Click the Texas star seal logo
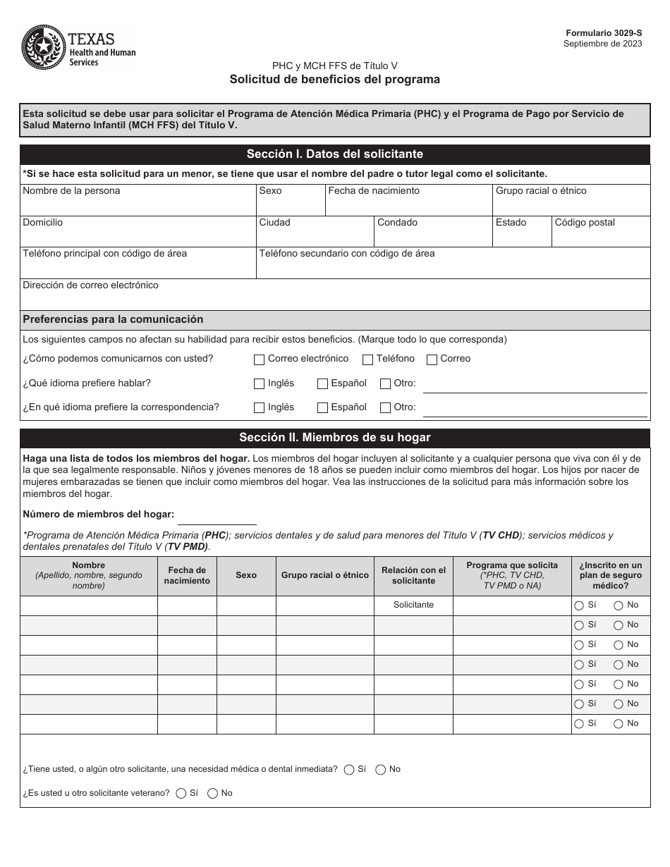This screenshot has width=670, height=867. [43, 48]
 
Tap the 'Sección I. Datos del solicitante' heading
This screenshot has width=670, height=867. [334, 154]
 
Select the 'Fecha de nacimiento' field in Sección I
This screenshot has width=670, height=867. [408, 201]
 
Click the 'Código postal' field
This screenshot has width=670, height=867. [600, 232]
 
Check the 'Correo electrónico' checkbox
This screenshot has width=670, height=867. [260, 359]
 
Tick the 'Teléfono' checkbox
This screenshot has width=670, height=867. [367, 359]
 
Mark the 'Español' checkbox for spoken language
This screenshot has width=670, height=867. [322, 384]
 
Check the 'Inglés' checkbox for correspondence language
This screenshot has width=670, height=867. [260, 408]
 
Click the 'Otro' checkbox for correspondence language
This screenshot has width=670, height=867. [385, 408]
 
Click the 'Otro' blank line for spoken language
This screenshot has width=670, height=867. [534, 385]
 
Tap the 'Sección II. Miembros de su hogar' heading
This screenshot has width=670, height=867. [334, 438]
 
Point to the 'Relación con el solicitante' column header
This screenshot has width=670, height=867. [413, 576]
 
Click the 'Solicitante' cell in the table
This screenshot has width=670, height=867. [413, 605]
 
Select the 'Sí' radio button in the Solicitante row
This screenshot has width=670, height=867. [579, 605]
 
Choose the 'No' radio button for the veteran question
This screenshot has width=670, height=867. [212, 794]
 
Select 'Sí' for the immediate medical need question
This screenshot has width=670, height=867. [349, 770]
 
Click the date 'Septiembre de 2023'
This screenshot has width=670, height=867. [602, 44]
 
